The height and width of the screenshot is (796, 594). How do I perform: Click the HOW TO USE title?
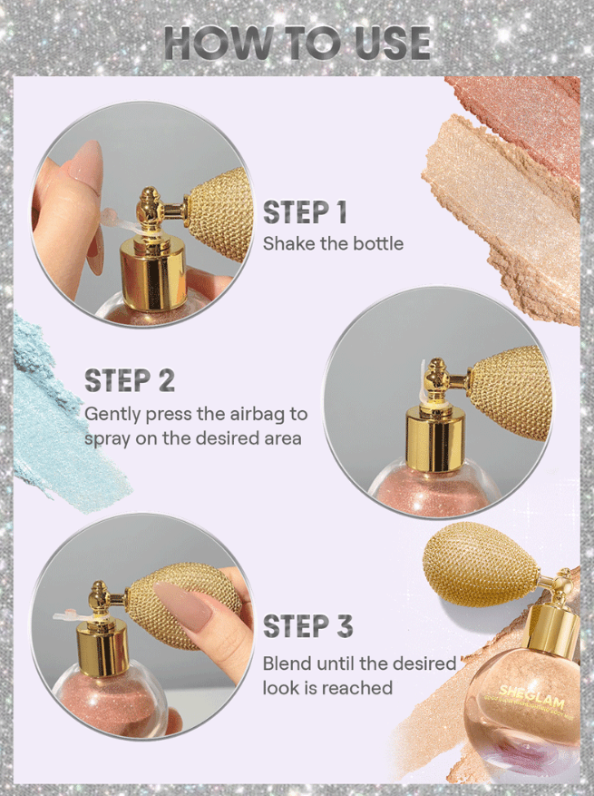297,44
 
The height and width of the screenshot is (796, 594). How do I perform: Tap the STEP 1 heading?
305,211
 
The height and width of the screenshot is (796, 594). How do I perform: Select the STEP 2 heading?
130,380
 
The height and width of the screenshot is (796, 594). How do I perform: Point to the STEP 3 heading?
308,625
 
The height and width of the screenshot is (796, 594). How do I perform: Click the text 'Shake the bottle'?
333,243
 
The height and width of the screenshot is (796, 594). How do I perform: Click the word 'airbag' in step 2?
257,415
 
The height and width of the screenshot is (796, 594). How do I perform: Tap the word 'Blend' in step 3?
287,663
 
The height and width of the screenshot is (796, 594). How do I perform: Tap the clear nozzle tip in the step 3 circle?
67,616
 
